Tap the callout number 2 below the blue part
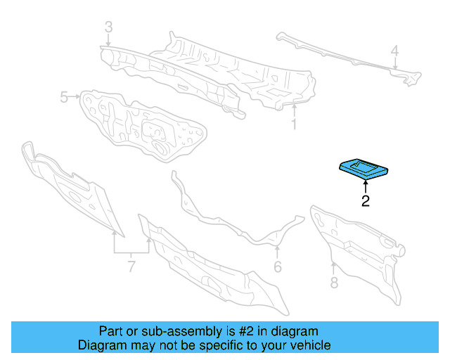[365, 201]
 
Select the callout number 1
[294, 125]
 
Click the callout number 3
[108, 27]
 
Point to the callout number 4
[395, 50]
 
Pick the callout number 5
[63, 97]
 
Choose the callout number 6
[278, 266]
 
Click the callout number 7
[131, 266]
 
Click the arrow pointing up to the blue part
[365, 186]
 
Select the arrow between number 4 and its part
[396, 63]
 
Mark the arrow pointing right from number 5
[75, 97]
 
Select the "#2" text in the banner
[247, 331]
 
